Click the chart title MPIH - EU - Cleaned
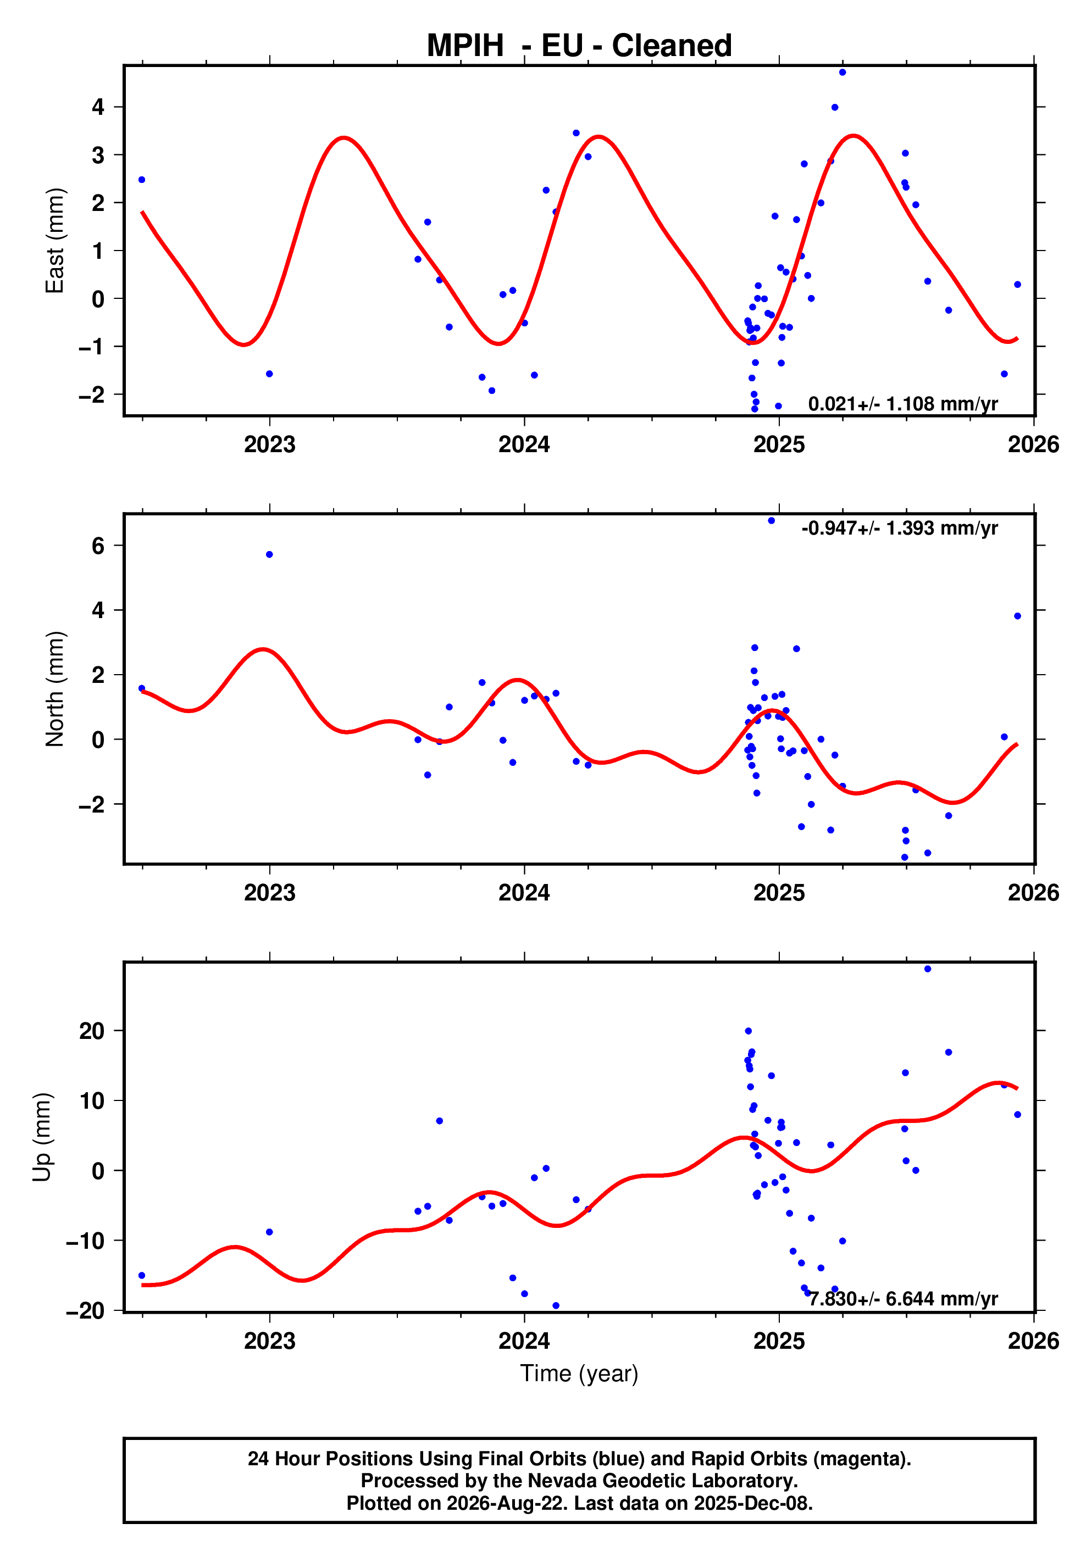pyautogui.click(x=579, y=46)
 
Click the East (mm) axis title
pyautogui.click(x=54, y=241)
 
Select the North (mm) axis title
pyautogui.click(x=54, y=689)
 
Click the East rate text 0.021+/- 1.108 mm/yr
pyautogui.click(x=903, y=404)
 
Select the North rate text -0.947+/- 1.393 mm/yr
pyautogui.click(x=899, y=529)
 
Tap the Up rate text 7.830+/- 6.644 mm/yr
pyautogui.click(x=903, y=1299)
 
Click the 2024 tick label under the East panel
pyautogui.click(x=524, y=445)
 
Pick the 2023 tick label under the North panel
pyautogui.click(x=270, y=893)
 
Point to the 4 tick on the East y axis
pyautogui.click(x=98, y=107)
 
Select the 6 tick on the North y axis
pyautogui.click(x=98, y=546)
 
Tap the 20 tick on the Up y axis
pyautogui.click(x=92, y=1031)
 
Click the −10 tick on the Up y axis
pyautogui.click(x=86, y=1241)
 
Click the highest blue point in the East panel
pyautogui.click(x=842, y=73)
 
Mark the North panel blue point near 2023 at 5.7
pyautogui.click(x=269, y=555)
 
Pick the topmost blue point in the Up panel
pyautogui.click(x=928, y=969)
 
